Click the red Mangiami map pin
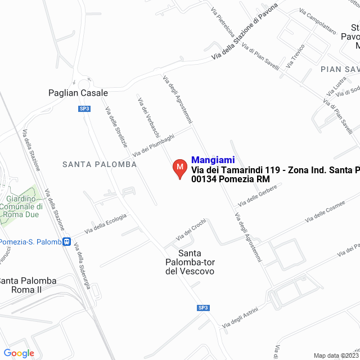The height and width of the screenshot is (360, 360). tap(179, 168)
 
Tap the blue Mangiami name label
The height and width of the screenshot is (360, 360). tap(213, 160)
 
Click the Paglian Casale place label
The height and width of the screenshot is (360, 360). tap(78, 93)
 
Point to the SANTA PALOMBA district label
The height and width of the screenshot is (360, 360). tap(100, 164)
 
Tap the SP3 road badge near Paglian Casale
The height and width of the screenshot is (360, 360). tap(84, 109)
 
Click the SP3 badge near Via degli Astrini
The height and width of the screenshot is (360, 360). tap(204, 308)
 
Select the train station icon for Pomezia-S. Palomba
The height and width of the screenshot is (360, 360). tap(67, 242)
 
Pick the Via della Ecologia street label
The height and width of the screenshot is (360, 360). tap(105, 223)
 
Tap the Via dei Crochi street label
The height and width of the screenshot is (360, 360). tap(191, 228)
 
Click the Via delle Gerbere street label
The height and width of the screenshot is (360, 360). tap(258, 195)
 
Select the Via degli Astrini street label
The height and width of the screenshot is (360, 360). tap(240, 318)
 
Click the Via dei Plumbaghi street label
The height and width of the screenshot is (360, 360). tap(154, 146)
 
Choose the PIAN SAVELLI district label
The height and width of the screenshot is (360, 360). tap(340, 69)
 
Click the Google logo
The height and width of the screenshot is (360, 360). tap(19, 353)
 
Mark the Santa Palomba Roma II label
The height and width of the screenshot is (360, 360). tap(28, 285)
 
